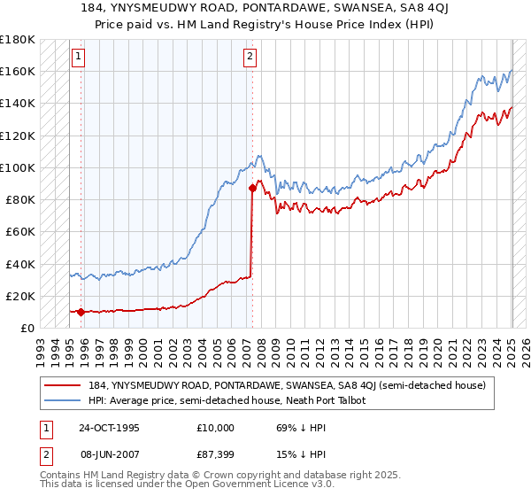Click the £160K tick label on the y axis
[x=17, y=71]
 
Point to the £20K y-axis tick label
[x=19, y=296]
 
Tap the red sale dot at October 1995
[x=81, y=312]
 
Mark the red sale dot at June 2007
[x=252, y=188]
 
